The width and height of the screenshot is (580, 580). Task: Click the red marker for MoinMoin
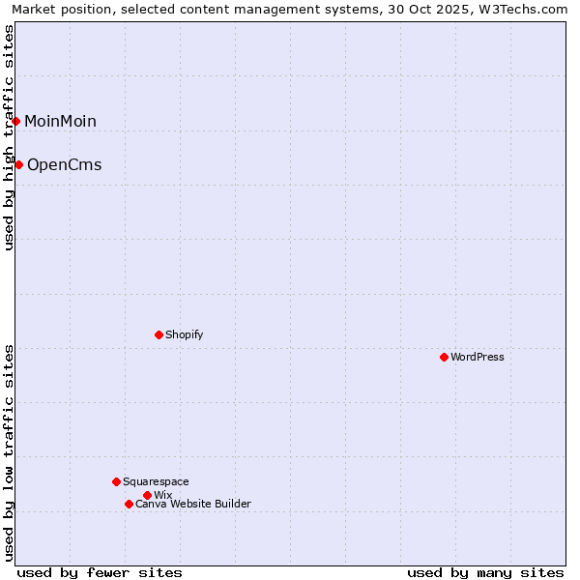pyautogui.click(x=16, y=121)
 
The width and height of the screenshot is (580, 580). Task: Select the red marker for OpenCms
pyautogui.click(x=18, y=164)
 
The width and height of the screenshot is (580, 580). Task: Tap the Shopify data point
pyautogui.click(x=159, y=334)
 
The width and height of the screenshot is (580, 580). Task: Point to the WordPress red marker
pyautogui.click(x=444, y=357)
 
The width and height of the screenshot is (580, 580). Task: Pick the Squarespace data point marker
pyautogui.click(x=116, y=481)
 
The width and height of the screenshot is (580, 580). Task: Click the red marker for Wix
pyautogui.click(x=147, y=495)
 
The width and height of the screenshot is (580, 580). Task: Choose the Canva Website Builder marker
pyautogui.click(x=129, y=504)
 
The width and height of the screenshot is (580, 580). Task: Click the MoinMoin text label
pyautogui.click(x=60, y=121)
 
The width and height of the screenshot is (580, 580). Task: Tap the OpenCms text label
pyautogui.click(x=64, y=164)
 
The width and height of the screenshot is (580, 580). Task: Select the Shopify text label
pyautogui.click(x=184, y=334)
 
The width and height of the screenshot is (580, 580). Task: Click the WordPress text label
pyautogui.click(x=477, y=357)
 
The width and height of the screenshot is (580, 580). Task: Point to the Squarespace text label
pyautogui.click(x=156, y=481)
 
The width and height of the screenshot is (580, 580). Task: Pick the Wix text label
pyautogui.click(x=162, y=495)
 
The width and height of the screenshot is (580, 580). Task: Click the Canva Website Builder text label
pyautogui.click(x=192, y=504)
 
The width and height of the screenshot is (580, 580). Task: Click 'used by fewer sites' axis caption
pyautogui.click(x=100, y=572)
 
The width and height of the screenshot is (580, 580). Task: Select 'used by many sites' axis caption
pyautogui.click(x=485, y=572)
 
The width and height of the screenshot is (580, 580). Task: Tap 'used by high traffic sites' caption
pyautogui.click(x=9, y=138)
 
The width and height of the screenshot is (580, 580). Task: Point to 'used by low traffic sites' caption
pyautogui.click(x=9, y=452)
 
